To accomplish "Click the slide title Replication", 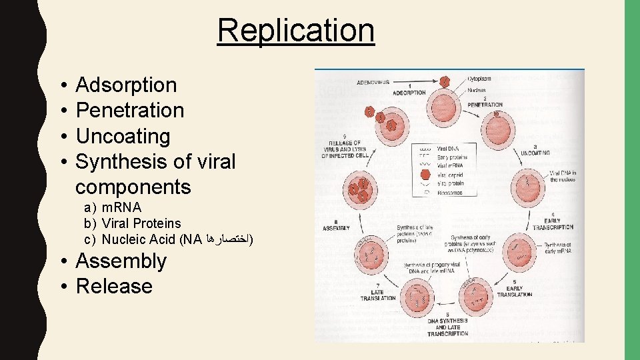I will [x=295, y=30].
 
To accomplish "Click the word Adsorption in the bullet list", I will [x=126, y=85].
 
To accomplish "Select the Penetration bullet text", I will [x=129, y=111].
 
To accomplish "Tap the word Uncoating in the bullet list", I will [x=123, y=136].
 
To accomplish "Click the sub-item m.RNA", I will [x=121, y=208].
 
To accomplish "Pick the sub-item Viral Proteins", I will [x=141, y=223].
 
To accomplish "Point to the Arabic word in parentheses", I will [x=228, y=238].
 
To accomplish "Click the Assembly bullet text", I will [x=121, y=261].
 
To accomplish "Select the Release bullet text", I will [x=114, y=286].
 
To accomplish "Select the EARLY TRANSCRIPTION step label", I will [x=553, y=224].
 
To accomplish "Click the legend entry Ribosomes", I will [x=450, y=192].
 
